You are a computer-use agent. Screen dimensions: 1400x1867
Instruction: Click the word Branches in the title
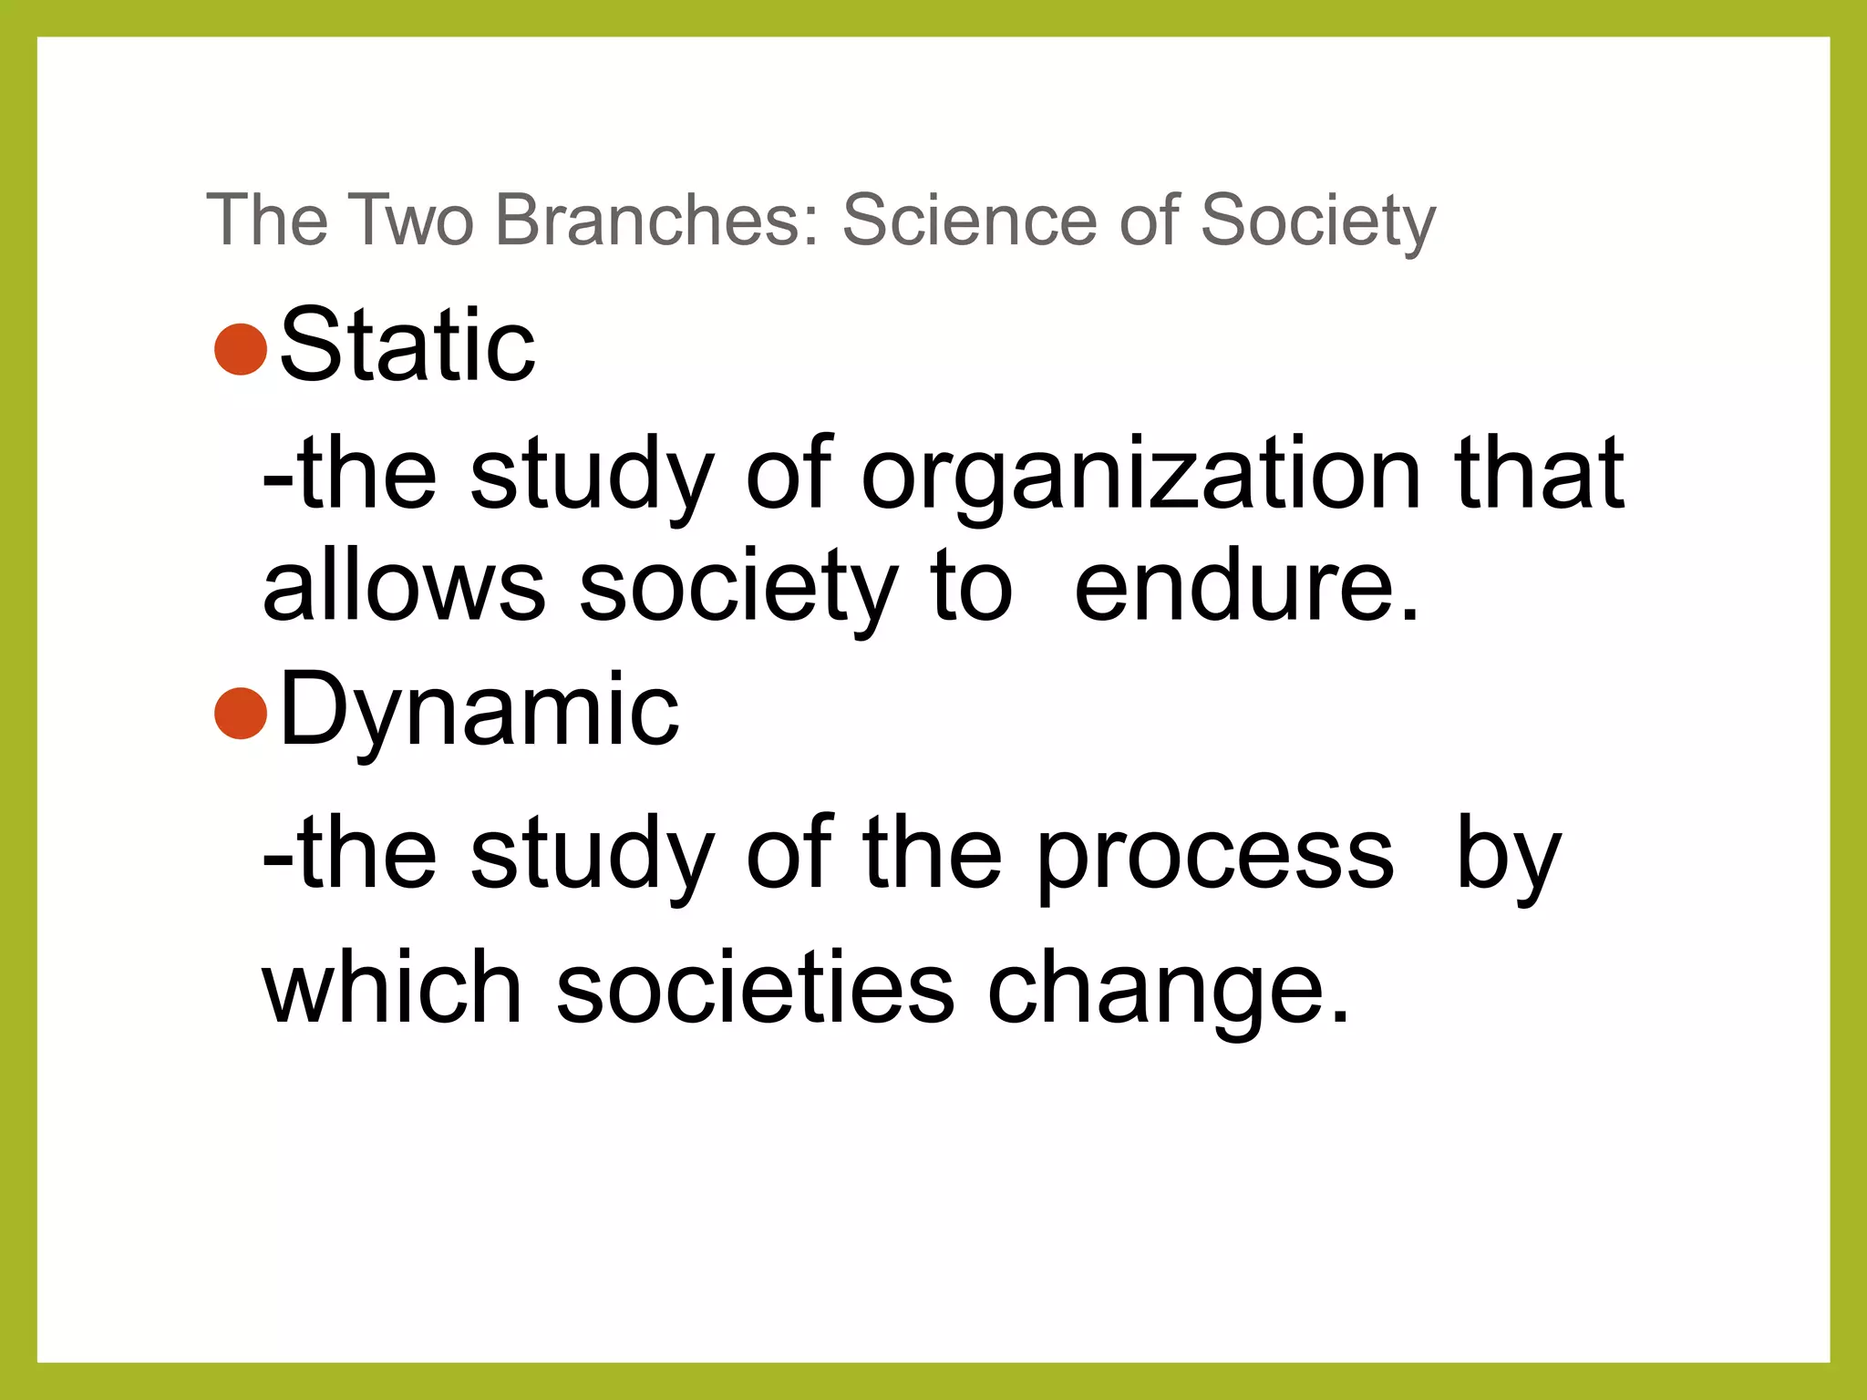coord(657,220)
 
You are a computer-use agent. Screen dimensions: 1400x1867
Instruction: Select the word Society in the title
coord(1318,221)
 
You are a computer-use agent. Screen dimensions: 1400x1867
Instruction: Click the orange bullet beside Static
coord(241,348)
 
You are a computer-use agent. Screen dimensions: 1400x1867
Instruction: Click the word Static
coord(407,345)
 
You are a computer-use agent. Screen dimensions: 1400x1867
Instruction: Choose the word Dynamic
coord(480,711)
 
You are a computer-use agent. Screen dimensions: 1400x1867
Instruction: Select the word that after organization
coord(1539,472)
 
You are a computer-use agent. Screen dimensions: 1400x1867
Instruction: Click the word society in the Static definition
coord(738,588)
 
